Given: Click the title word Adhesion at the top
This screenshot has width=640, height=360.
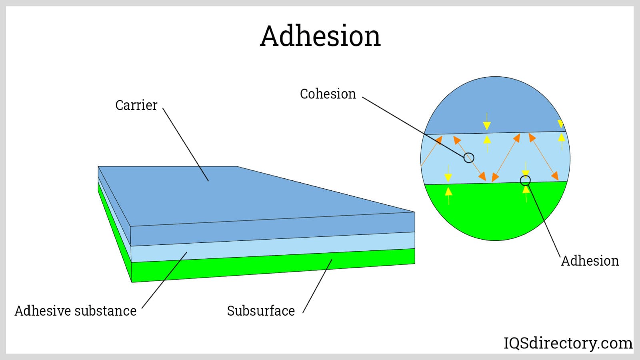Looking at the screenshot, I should [x=320, y=36].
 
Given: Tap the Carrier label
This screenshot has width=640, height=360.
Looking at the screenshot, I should [x=136, y=105].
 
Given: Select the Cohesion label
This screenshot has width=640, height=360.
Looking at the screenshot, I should [x=328, y=94].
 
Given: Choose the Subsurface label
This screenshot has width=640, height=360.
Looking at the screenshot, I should [x=261, y=311].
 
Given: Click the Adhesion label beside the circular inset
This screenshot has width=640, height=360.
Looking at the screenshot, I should [x=590, y=261].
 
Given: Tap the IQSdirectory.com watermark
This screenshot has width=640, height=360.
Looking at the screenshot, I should [x=568, y=343].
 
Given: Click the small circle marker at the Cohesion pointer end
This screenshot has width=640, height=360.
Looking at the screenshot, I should [x=469, y=158].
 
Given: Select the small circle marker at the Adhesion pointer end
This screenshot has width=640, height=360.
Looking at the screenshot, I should [x=525, y=181].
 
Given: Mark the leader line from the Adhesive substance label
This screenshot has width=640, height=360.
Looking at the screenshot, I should [x=164, y=280].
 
